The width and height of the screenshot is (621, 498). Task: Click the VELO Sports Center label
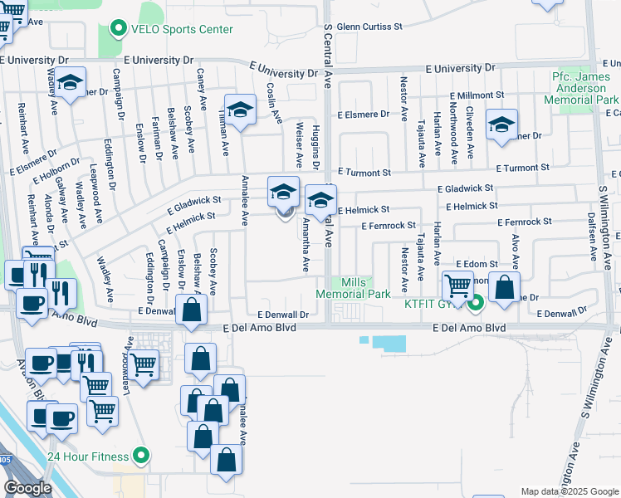point(181,29)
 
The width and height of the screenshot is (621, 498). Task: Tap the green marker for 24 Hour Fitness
point(141,456)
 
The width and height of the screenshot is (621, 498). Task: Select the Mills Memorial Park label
point(355,288)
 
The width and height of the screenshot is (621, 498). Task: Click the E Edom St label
point(476,263)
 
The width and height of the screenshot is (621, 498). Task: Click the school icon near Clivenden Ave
point(501,124)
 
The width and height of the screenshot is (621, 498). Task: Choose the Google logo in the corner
point(28,488)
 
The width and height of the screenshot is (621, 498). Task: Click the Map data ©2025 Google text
point(569,491)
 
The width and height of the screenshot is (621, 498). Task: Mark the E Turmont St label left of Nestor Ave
point(363,173)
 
